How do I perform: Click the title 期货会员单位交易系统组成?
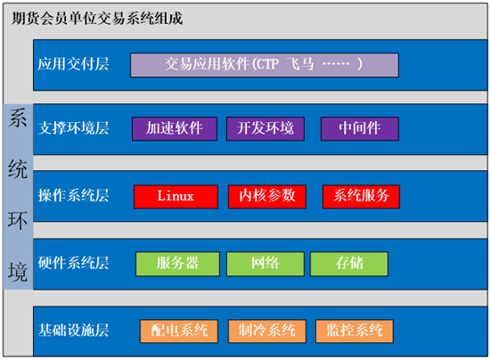click(x=97, y=19)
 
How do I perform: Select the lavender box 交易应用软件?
click(x=265, y=65)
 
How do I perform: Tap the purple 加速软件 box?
click(x=175, y=128)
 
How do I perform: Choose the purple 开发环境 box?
click(x=265, y=128)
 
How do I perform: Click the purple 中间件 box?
click(x=360, y=128)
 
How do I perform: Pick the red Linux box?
click(x=176, y=197)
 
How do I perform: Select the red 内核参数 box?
click(x=267, y=197)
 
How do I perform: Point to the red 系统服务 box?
click(x=361, y=197)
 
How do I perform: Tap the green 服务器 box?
click(x=177, y=264)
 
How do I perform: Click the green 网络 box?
click(x=265, y=264)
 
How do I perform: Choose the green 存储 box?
click(x=349, y=264)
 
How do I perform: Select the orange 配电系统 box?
click(x=179, y=331)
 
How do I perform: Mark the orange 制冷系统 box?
click(x=267, y=331)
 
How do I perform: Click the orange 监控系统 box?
click(x=355, y=331)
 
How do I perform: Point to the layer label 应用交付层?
click(x=73, y=64)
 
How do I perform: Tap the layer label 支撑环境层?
click(x=73, y=128)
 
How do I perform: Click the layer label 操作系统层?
click(x=73, y=196)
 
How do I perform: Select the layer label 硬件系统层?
click(x=73, y=263)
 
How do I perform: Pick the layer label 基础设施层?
click(x=73, y=330)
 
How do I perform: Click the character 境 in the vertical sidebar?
click(x=18, y=272)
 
